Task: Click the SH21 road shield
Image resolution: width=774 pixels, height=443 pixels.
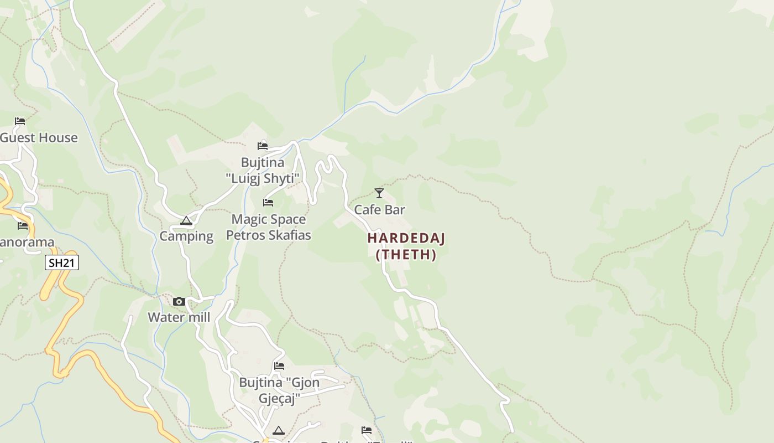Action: (62, 262)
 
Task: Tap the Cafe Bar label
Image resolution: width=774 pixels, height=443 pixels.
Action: (379, 210)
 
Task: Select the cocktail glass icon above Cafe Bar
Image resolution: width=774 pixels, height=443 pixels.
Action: (379, 193)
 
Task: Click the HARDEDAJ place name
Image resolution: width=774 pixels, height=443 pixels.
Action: (406, 238)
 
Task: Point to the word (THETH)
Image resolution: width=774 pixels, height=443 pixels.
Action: (406, 255)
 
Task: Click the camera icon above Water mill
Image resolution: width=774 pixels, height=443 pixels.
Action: (179, 301)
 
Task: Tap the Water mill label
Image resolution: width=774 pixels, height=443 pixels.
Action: (179, 317)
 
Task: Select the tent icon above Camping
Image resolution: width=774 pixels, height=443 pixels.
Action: (186, 221)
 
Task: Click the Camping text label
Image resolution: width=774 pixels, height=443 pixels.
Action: (186, 236)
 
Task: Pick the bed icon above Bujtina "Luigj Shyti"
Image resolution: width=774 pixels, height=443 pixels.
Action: (263, 146)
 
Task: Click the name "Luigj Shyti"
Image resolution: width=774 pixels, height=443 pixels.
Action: (263, 178)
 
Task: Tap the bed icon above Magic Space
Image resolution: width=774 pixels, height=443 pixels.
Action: (268, 203)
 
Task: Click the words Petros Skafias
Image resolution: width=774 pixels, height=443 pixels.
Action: (269, 235)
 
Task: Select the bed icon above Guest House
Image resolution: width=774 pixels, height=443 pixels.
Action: (20, 121)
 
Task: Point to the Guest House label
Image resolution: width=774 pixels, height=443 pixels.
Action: (39, 138)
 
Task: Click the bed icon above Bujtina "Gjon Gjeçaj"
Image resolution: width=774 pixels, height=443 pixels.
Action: (279, 366)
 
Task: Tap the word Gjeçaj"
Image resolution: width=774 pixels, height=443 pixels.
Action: (279, 399)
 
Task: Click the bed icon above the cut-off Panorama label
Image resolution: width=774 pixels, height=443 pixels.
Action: (23, 226)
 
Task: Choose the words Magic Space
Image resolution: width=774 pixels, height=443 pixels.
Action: (269, 219)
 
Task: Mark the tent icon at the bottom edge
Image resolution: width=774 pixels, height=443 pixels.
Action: (279, 431)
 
